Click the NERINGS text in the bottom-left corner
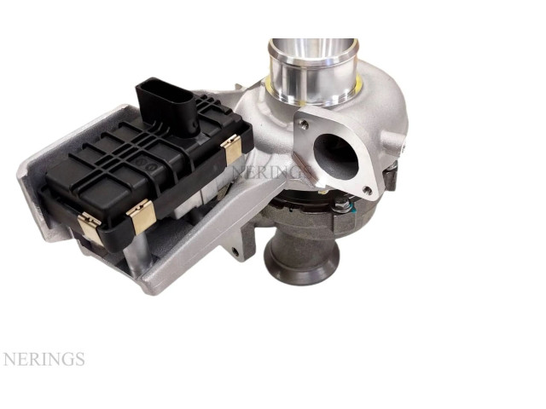[44, 359]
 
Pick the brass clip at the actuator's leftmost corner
[90, 228]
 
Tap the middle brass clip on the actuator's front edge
[142, 216]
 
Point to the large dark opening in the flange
[335, 154]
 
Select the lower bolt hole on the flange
[367, 189]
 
